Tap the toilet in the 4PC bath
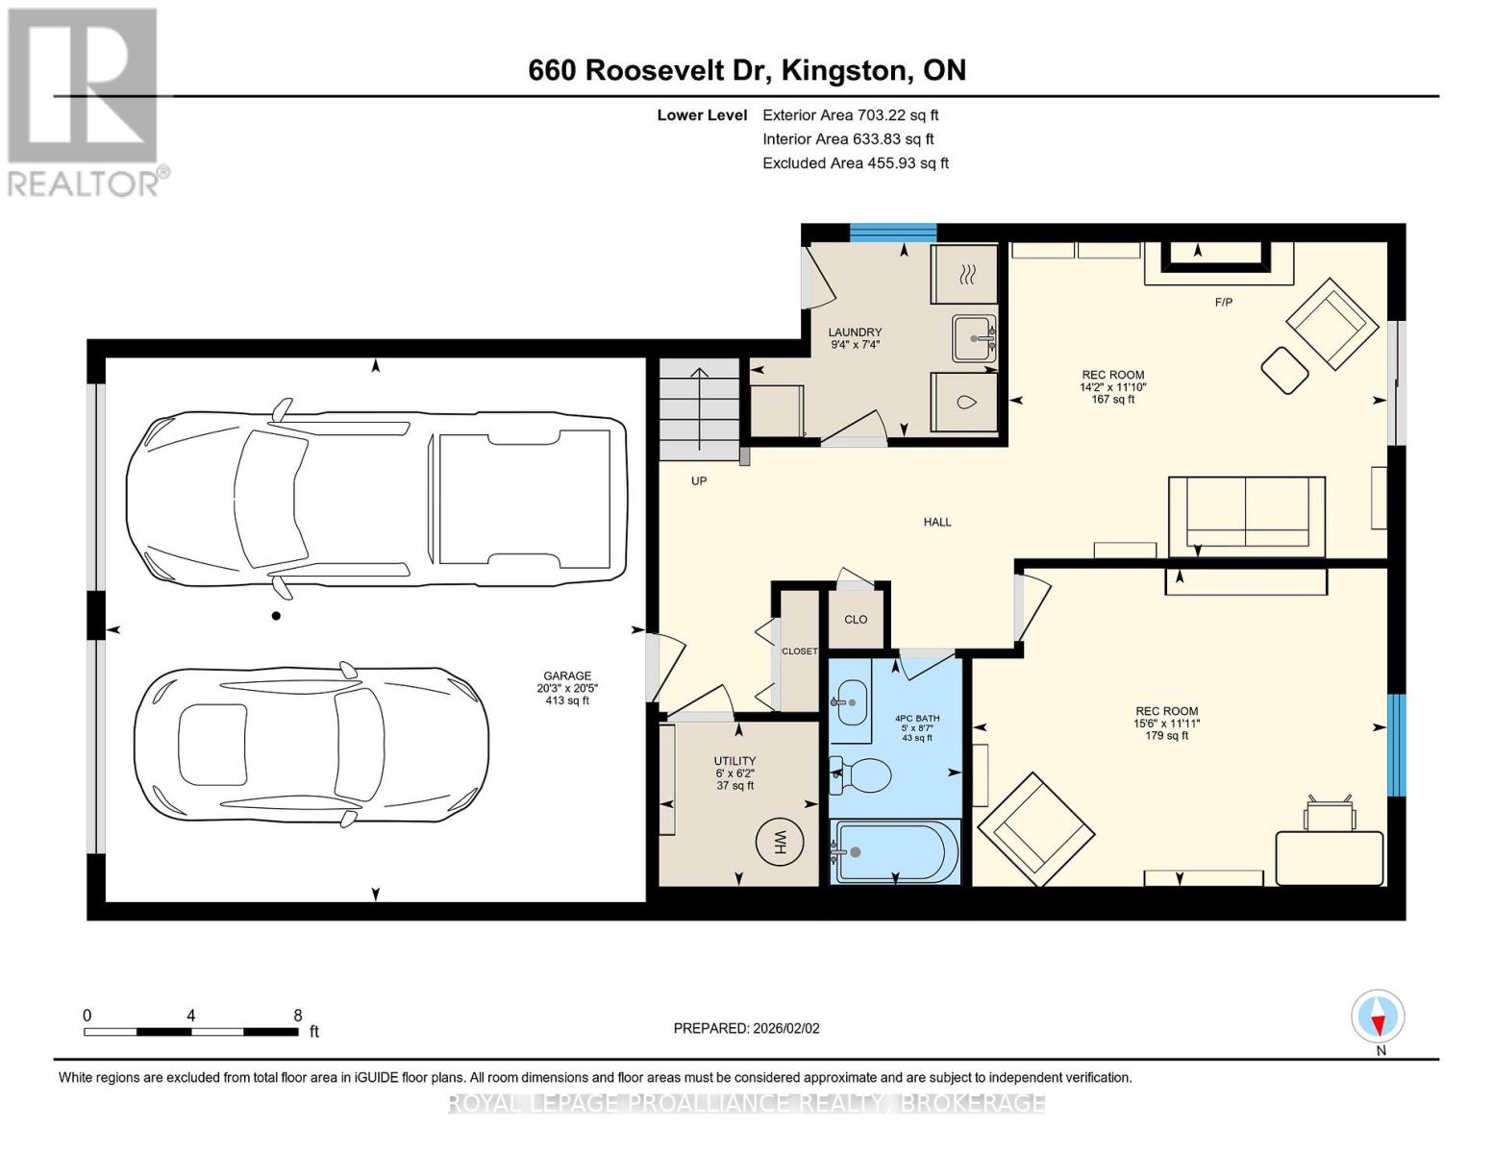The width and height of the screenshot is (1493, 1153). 861,775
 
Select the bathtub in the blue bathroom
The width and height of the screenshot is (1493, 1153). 895,851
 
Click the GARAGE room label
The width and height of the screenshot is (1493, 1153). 567,675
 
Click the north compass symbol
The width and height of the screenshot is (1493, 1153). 1378,1018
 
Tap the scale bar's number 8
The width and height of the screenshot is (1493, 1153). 298,1016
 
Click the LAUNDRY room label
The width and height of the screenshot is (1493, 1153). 855,332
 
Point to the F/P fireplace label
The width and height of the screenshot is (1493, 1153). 1223,303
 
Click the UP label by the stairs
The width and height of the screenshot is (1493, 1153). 699,480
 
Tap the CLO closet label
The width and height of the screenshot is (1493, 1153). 856,619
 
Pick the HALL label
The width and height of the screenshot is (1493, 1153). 937,522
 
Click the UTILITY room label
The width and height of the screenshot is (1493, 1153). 734,761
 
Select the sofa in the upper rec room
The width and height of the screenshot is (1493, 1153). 1246,516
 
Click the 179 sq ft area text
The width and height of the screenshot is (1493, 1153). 1166,736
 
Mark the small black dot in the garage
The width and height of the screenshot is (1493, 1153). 276,616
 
